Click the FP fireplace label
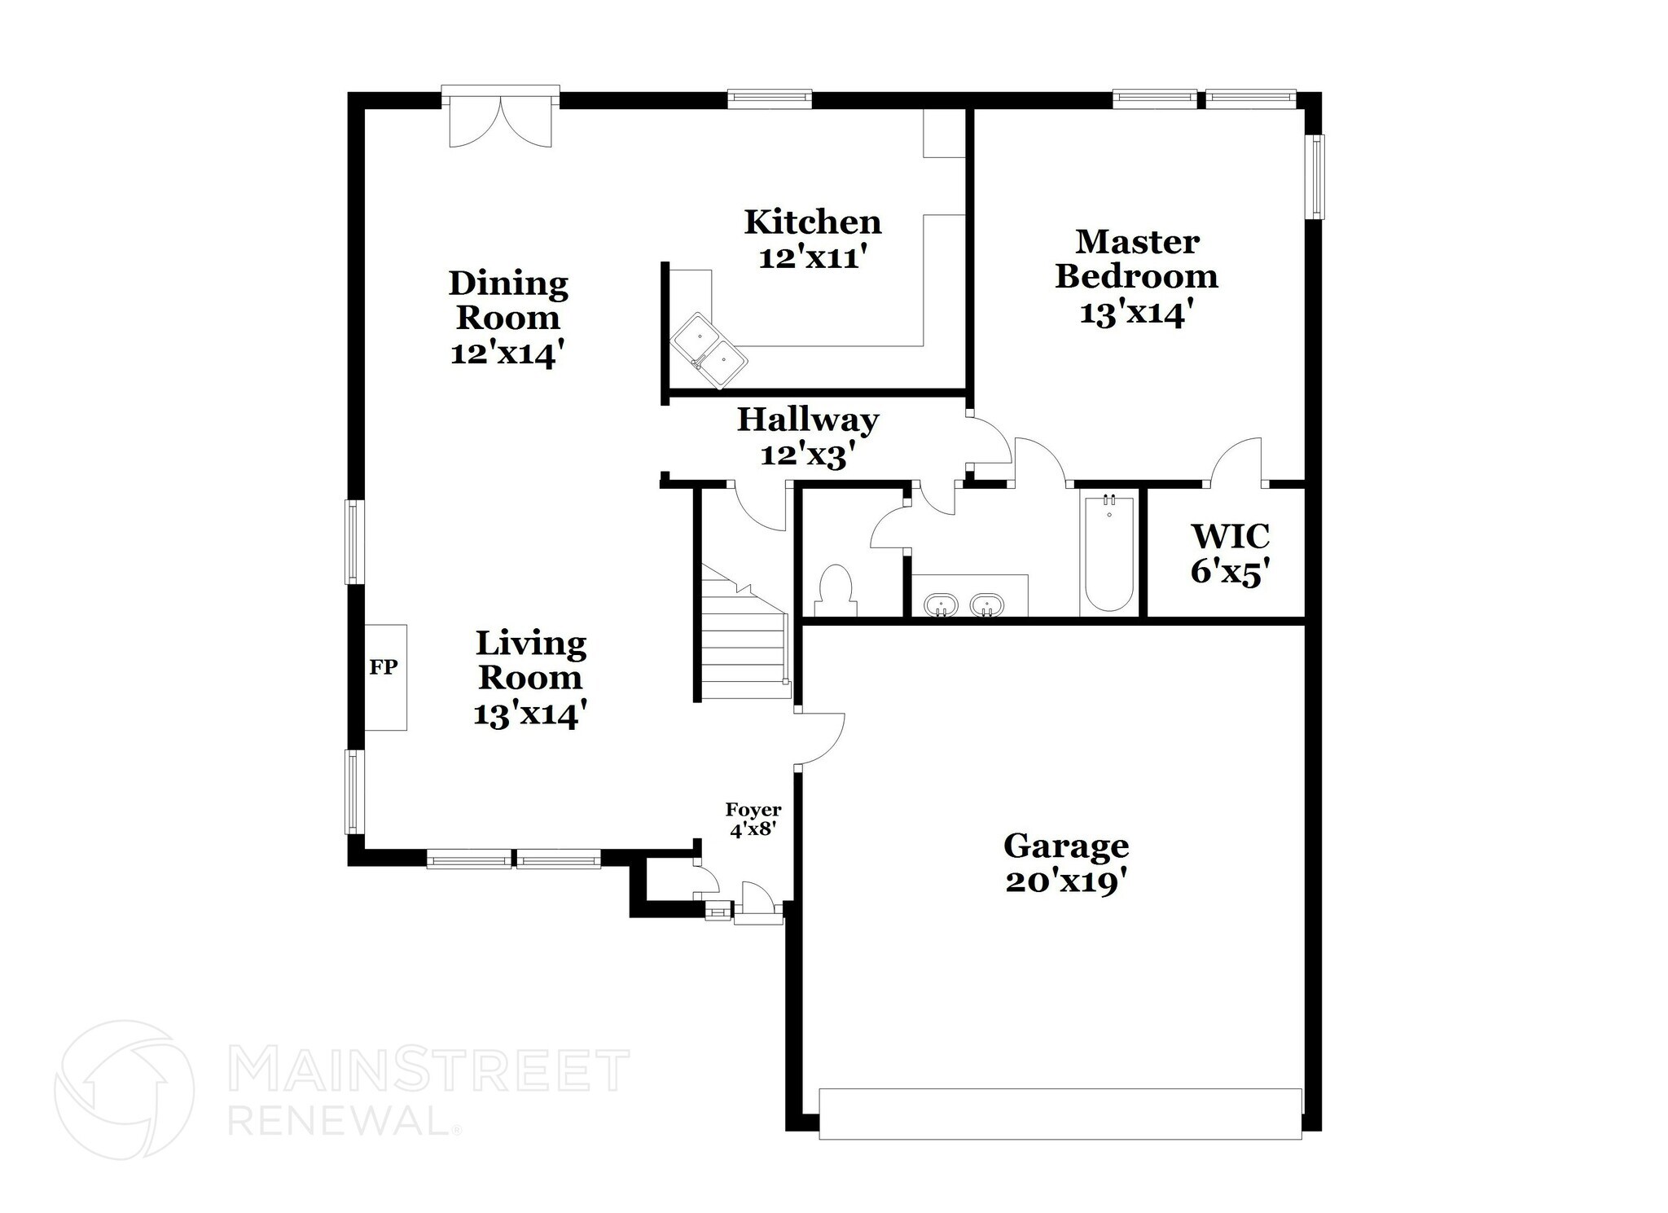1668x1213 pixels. (x=384, y=667)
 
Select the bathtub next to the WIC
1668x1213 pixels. (x=1108, y=553)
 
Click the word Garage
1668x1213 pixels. (x=1065, y=846)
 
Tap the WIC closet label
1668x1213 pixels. (x=1230, y=537)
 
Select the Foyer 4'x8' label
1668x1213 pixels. (x=753, y=820)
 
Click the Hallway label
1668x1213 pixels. (x=808, y=420)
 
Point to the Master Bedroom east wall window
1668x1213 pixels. (x=1315, y=177)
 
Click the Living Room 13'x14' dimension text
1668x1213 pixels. (x=530, y=714)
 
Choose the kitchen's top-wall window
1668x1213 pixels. (x=769, y=99)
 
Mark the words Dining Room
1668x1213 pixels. (x=508, y=300)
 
